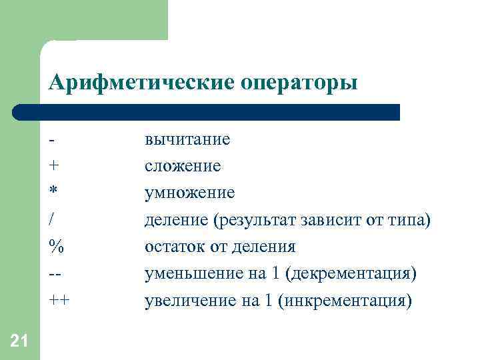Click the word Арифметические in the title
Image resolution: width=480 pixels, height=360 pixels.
coord(139,83)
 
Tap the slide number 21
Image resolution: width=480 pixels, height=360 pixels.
coord(19,341)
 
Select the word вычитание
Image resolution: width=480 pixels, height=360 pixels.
coord(187,139)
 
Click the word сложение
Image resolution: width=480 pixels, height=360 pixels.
coord(183,166)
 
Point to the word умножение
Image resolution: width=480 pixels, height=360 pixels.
coord(189,193)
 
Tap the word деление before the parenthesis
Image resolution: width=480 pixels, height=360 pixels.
coord(175,220)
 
